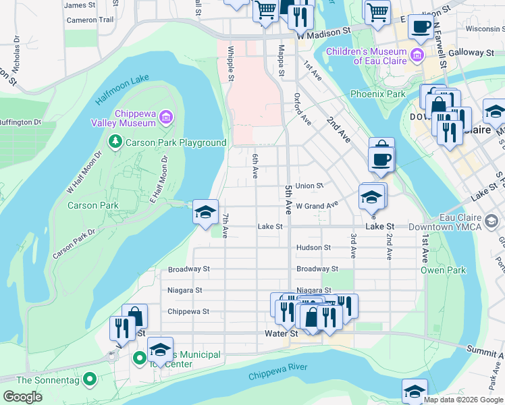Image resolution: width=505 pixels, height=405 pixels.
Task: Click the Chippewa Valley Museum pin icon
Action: tap(166, 119)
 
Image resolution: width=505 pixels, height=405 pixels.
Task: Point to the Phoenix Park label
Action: tap(378, 94)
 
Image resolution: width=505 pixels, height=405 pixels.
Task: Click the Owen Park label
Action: tap(443, 270)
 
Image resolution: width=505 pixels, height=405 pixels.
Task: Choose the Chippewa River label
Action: tap(277, 371)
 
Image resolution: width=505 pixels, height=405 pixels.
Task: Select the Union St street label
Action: tap(309, 186)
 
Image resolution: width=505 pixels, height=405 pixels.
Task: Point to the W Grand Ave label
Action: tap(317, 205)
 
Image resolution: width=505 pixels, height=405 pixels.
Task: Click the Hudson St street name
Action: tap(313, 248)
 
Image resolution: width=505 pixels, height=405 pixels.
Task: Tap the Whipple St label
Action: tap(231, 63)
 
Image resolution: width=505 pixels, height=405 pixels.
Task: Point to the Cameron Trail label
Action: tap(90, 20)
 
